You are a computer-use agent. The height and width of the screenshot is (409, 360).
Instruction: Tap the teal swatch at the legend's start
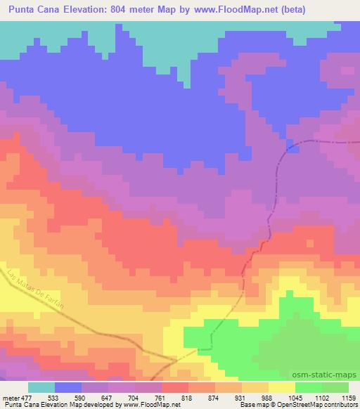(41, 388)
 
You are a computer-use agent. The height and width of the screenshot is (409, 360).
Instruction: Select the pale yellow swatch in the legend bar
(281, 388)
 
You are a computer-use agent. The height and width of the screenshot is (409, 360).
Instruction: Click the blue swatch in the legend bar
(68, 388)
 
